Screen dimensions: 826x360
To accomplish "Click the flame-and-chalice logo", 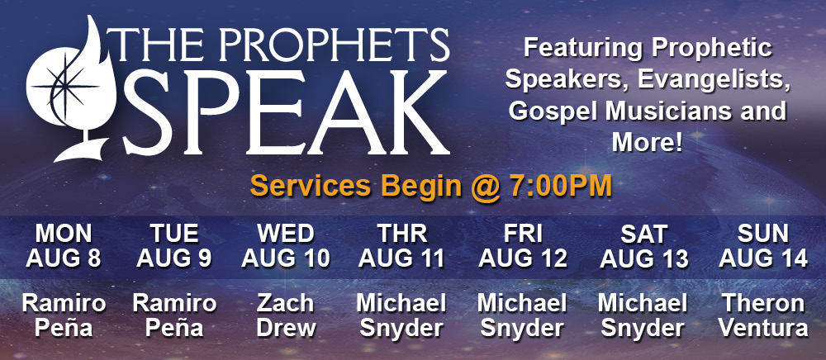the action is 69,89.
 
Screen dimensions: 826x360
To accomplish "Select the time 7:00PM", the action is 561,187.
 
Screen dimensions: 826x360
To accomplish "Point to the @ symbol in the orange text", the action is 485,187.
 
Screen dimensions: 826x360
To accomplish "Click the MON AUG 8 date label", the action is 64,246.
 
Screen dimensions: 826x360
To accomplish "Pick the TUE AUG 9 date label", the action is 173,246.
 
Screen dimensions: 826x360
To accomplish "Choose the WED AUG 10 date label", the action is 286,246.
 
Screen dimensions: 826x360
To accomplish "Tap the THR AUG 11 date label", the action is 403,246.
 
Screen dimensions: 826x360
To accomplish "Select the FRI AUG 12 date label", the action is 523,246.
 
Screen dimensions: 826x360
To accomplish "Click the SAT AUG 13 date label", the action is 643,246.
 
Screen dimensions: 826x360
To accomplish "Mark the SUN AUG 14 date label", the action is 763,246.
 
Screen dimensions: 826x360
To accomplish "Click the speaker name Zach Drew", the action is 286,315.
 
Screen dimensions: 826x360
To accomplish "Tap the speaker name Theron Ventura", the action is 763,315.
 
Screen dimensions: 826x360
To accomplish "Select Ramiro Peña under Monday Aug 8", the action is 64,315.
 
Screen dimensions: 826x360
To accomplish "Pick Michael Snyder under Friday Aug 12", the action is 522,315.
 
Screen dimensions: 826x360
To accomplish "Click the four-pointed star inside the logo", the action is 65,86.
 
